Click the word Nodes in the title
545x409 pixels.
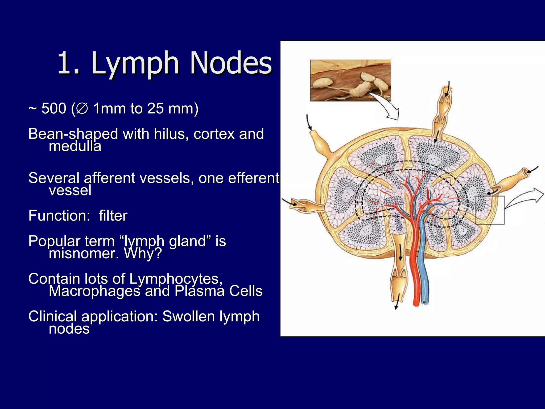(x=231, y=63)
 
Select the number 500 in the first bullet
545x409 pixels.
(x=54, y=108)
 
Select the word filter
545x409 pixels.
(x=113, y=216)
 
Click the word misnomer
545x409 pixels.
(x=84, y=253)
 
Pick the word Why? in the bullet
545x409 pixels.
(x=143, y=253)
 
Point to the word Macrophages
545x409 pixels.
(x=94, y=291)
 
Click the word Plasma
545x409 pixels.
(x=199, y=291)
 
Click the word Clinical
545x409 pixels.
(x=53, y=316)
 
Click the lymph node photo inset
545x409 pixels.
(x=350, y=80)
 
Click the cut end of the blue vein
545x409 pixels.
(x=425, y=302)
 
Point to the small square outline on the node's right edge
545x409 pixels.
(x=490, y=210)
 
